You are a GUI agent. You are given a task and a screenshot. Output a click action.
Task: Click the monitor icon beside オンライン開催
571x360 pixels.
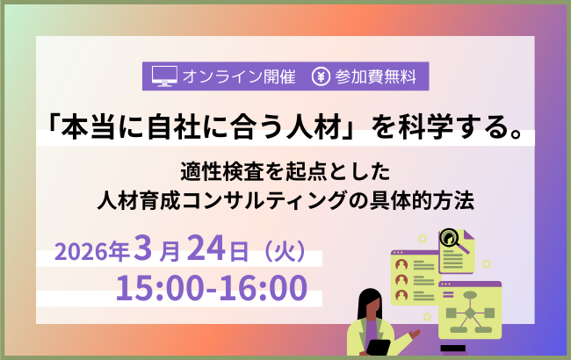click(x=164, y=76)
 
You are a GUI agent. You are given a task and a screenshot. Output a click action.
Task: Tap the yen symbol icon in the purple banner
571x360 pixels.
click(x=321, y=76)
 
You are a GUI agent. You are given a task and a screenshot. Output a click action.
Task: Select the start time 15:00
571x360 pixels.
click(x=155, y=287)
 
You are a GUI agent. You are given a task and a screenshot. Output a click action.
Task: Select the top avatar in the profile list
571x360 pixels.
click(x=402, y=264)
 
